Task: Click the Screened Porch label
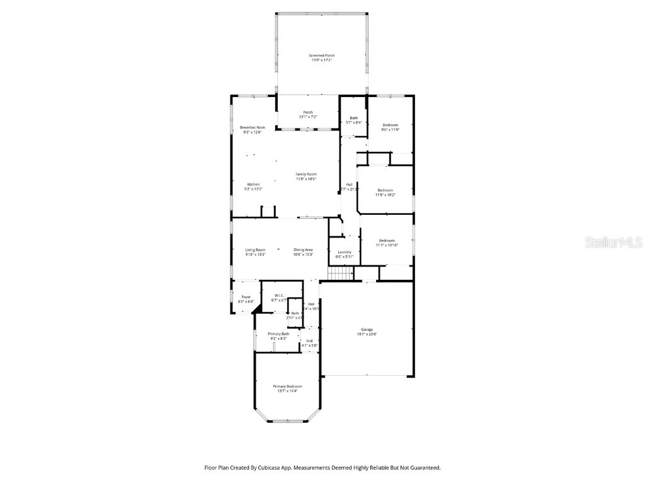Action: [321, 55]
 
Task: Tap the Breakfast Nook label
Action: [252, 127]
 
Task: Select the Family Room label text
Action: [306, 174]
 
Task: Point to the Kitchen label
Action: [253, 185]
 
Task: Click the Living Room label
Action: [255, 250]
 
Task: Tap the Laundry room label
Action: [344, 253]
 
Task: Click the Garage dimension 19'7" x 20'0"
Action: [367, 334]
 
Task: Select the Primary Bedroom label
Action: [287, 386]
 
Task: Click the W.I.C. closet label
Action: [278, 296]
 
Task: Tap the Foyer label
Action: [246, 297]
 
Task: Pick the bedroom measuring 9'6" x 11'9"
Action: [390, 125]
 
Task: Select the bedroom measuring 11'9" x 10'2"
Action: [385, 190]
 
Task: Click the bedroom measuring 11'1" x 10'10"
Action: [386, 241]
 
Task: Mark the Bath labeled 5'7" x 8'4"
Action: [354, 118]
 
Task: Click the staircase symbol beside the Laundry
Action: [340, 274]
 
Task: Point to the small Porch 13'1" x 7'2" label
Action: [307, 112]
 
